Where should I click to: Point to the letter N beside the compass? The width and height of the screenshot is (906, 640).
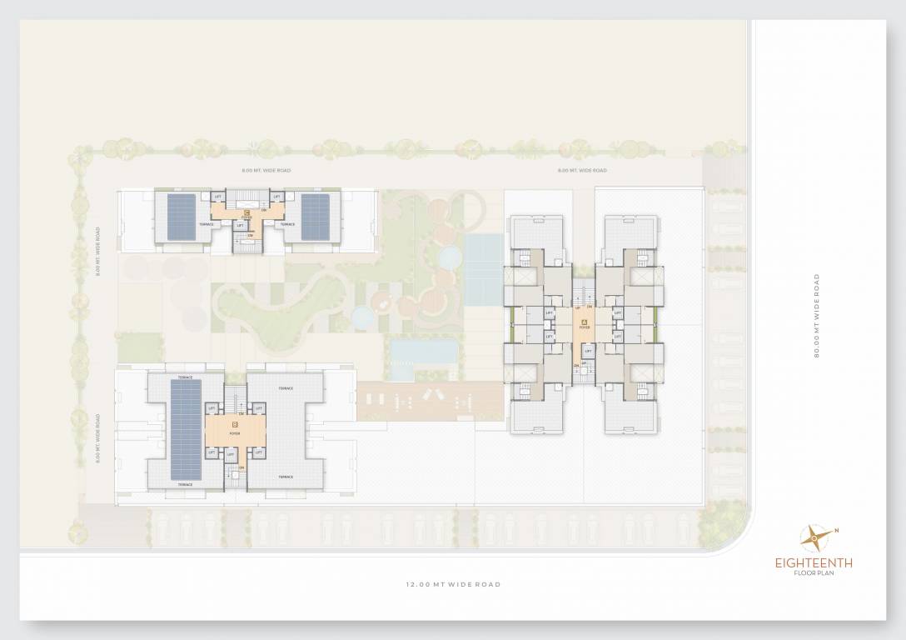pyautogui.click(x=836, y=530)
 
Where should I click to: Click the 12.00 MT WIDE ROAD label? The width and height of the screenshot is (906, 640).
pyautogui.click(x=453, y=585)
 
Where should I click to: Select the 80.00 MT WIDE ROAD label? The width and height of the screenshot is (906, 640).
pyautogui.click(x=818, y=316)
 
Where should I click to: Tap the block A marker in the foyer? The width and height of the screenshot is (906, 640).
pyautogui.click(x=585, y=321)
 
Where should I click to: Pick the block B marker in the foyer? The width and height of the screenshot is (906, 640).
pyautogui.click(x=235, y=426)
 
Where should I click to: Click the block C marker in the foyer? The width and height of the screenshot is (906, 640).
pyautogui.click(x=246, y=213)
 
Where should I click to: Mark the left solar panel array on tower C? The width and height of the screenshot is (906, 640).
pyautogui.click(x=182, y=216)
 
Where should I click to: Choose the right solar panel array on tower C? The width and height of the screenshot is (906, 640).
pyautogui.click(x=315, y=216)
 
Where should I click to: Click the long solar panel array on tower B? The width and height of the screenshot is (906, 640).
pyautogui.click(x=186, y=429)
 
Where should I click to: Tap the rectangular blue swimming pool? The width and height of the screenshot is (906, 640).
pyautogui.click(x=424, y=351)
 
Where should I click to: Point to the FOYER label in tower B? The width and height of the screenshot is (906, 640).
pyautogui.click(x=235, y=433)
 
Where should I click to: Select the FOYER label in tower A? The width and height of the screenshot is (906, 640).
pyautogui.click(x=585, y=327)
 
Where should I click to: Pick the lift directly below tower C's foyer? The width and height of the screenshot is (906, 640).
pyautogui.click(x=240, y=225)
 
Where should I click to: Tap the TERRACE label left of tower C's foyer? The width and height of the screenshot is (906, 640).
pyautogui.click(x=206, y=224)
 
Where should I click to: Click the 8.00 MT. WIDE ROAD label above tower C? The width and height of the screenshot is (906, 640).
pyautogui.click(x=266, y=170)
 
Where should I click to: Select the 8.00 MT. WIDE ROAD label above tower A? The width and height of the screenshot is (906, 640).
pyautogui.click(x=582, y=170)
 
